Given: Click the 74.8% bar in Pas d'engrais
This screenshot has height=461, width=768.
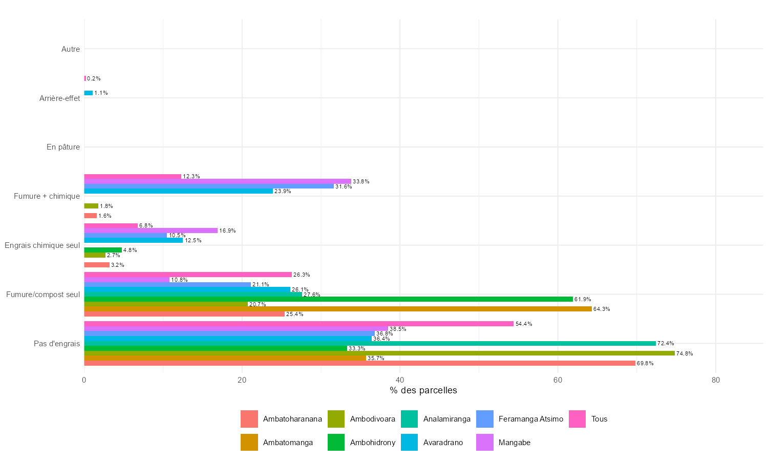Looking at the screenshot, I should tap(379, 353).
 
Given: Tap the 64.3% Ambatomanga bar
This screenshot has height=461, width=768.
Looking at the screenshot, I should tap(338, 309).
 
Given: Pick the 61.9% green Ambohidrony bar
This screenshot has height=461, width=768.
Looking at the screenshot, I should tap(328, 299).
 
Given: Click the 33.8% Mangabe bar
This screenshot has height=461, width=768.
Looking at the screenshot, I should tap(218, 181).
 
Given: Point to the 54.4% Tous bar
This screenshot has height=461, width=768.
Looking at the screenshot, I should tap(298, 324).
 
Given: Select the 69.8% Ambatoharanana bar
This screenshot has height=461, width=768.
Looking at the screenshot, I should tap(359, 363).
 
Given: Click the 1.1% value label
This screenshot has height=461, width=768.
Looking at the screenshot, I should tap(101, 93).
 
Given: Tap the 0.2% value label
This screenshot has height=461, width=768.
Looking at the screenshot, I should tap(94, 78).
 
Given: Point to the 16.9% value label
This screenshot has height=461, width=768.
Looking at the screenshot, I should tap(227, 230).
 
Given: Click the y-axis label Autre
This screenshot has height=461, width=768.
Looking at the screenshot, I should tap(70, 49).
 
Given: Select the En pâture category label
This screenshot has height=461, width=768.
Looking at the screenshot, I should tap(63, 147).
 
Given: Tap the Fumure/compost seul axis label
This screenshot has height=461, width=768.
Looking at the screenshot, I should tap(43, 295).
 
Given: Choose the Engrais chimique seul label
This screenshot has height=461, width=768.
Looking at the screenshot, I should tap(42, 245).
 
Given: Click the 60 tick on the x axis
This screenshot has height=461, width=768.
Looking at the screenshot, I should tap(558, 380).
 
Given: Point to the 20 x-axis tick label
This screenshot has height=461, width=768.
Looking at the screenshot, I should tap(242, 380).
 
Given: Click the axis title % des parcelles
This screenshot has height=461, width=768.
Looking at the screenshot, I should tap(423, 391).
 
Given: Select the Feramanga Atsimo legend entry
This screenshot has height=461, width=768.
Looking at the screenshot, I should tap(530, 419).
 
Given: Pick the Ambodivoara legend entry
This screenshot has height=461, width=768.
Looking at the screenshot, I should tap(372, 419).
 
